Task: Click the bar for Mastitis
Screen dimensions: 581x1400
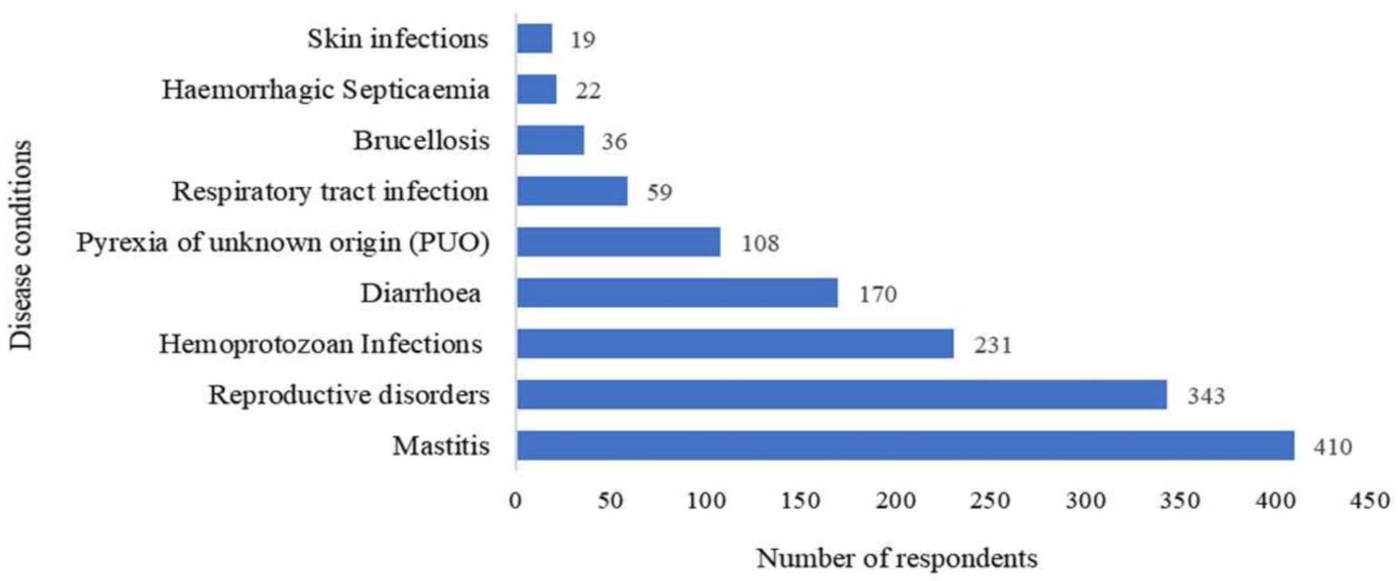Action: click(905, 445)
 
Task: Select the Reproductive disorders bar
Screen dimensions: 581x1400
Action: click(841, 394)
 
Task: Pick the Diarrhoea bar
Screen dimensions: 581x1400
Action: click(676, 293)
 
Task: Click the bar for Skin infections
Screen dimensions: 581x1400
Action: click(534, 38)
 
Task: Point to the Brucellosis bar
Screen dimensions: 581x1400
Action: click(550, 140)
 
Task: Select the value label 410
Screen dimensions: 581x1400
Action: click(1332, 447)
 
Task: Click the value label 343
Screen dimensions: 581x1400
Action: click(1205, 396)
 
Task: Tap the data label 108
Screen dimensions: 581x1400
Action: click(759, 243)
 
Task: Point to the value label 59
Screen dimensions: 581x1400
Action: click(659, 192)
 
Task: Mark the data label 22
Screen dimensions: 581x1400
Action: click(588, 90)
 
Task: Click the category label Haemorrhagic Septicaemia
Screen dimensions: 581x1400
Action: click(325, 89)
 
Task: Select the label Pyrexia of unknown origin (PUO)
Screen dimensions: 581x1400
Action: click(282, 242)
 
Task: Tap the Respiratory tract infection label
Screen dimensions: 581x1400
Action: click(329, 192)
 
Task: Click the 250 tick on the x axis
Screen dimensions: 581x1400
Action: click(990, 501)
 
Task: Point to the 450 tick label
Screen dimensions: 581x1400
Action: click(1370, 501)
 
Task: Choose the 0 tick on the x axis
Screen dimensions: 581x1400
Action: click(515, 501)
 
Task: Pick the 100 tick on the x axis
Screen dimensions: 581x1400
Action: click(705, 501)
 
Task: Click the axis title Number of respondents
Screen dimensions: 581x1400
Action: click(897, 558)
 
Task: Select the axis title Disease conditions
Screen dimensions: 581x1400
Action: click(22, 245)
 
